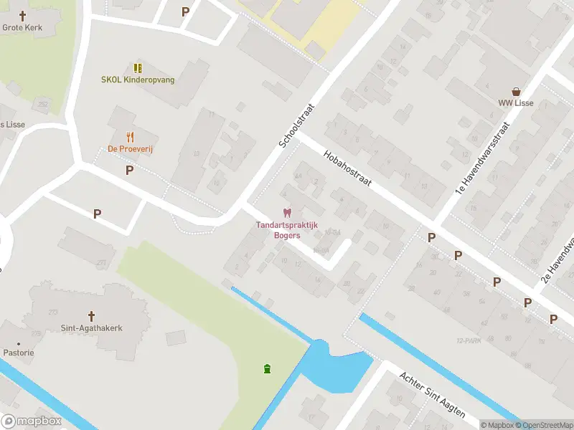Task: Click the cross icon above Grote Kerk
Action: pos(22,15)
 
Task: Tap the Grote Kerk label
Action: pos(22,27)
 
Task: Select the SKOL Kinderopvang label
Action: pos(138,80)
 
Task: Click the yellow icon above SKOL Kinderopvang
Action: pos(138,68)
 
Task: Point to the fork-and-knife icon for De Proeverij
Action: pos(131,136)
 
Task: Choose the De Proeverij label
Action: pos(131,148)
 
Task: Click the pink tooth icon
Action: pos(287,213)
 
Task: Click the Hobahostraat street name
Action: pos(347,168)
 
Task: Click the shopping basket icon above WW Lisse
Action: pos(516,91)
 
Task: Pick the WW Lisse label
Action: pos(516,102)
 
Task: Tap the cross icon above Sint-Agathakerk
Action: pos(91,316)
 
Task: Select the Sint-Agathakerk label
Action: pos(91,328)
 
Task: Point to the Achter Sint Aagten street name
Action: pos(433,394)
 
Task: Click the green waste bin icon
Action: pos(268,368)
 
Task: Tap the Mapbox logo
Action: pos(31,421)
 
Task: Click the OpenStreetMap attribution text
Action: pos(542,425)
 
